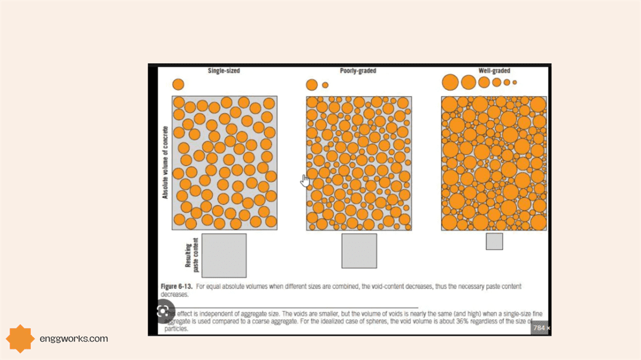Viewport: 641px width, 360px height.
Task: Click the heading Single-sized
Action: click(224, 71)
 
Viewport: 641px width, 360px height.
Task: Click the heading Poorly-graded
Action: click(358, 71)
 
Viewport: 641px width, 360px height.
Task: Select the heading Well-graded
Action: click(494, 71)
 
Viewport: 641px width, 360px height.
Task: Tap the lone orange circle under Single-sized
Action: click(178, 84)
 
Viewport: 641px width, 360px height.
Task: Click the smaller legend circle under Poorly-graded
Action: click(325, 85)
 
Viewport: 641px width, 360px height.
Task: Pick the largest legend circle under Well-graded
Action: click(450, 82)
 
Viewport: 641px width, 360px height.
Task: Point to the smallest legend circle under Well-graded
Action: click(515, 82)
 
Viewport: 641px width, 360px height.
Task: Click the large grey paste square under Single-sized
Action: click(224, 255)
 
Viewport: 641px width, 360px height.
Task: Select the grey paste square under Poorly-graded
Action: click(359, 251)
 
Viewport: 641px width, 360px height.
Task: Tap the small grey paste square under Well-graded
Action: click(494, 241)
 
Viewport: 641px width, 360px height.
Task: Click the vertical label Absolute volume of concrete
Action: click(165, 162)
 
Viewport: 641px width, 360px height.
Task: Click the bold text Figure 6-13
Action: click(176, 287)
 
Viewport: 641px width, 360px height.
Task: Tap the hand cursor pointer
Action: click(305, 180)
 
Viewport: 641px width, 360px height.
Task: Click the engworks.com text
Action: click(73, 339)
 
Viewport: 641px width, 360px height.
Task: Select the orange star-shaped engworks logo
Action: click(20, 339)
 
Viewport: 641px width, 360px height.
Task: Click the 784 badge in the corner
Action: click(541, 328)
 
